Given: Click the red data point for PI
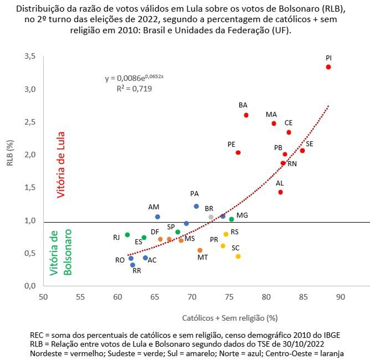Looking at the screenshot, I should [328, 67].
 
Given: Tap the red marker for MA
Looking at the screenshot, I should [274, 124].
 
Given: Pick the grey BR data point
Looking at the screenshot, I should [211, 217].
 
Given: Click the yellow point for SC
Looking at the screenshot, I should [238, 256].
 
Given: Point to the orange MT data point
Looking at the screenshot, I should [200, 250].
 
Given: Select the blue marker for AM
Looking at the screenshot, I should [158, 217].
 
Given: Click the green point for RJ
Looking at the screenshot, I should [127, 235].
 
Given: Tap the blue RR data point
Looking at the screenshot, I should [133, 265].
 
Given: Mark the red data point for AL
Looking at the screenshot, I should [280, 192].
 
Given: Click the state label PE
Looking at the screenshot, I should [232, 144].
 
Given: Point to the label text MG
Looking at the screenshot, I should [242, 216].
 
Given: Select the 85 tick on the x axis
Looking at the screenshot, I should [303, 297].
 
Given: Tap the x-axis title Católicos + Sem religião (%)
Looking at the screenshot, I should [229, 318].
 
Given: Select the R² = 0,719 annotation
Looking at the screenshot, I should [135, 87].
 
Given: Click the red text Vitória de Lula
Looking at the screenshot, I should [60, 165].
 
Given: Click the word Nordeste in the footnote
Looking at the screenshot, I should [45, 353].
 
